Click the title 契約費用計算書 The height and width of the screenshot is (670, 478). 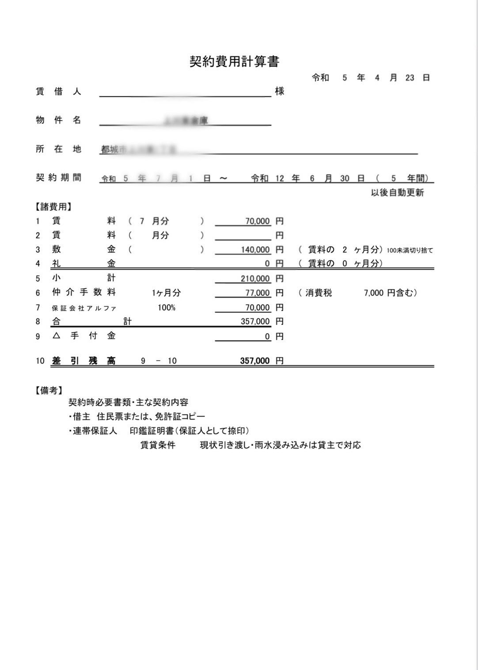(234, 61)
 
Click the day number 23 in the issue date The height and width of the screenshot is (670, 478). (410, 78)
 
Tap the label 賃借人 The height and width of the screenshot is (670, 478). (58, 92)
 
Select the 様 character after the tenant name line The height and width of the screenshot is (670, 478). (280, 91)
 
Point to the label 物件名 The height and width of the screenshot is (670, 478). (58, 120)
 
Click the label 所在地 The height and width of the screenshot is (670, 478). (58, 149)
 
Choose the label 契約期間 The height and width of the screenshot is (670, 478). (58, 178)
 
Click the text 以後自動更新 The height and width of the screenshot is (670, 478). (397, 193)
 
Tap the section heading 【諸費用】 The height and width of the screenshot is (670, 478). (53, 207)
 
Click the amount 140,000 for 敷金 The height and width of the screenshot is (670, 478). (255, 250)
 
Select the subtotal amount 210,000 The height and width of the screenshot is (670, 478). (255, 279)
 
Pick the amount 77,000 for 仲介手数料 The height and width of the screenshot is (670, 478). (258, 293)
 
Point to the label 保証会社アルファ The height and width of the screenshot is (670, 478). (84, 308)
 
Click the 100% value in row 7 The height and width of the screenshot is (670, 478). (167, 308)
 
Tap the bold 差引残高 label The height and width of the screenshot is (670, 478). (83, 361)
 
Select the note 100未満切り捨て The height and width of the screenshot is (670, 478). (410, 250)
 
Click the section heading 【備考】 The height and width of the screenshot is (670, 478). (49, 391)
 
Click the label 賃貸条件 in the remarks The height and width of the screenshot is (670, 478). (158, 445)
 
